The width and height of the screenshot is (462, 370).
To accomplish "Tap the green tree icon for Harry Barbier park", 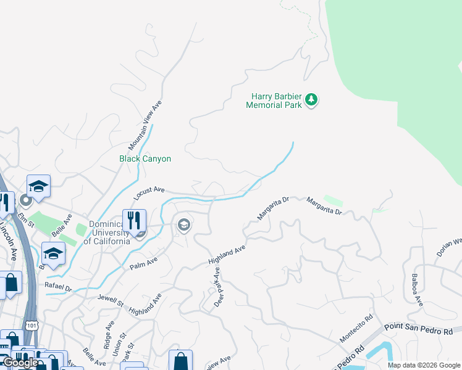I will (x=311, y=100).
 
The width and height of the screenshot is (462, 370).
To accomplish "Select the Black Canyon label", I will (x=145, y=158).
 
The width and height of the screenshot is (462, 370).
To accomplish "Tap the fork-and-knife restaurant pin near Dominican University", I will (x=134, y=220).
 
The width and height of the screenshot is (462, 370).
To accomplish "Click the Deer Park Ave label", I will (x=217, y=289).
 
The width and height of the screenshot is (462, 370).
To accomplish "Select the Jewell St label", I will (x=111, y=301).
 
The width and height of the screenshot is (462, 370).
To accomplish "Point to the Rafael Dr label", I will (x=59, y=286).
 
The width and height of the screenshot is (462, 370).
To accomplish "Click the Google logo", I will (x=20, y=363).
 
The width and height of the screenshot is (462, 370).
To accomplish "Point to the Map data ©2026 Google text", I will (x=424, y=365).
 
